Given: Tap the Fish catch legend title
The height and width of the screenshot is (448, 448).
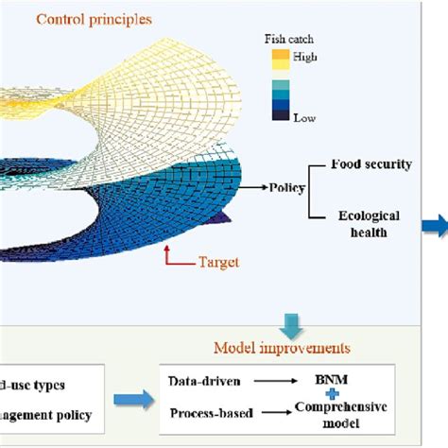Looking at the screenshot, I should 287,41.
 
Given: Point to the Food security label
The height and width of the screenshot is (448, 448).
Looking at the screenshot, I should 371,164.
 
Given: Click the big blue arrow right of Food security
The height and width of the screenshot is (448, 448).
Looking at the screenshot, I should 434,224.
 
